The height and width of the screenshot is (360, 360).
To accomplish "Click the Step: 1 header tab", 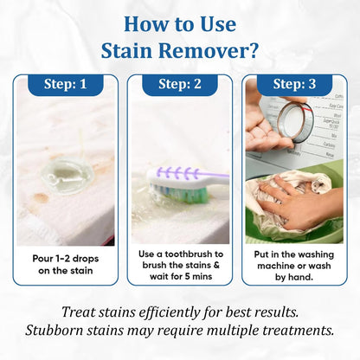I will (66, 85).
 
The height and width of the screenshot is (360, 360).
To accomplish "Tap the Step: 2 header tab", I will (179, 85).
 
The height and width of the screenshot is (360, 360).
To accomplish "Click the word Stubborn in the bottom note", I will (91, 331).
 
